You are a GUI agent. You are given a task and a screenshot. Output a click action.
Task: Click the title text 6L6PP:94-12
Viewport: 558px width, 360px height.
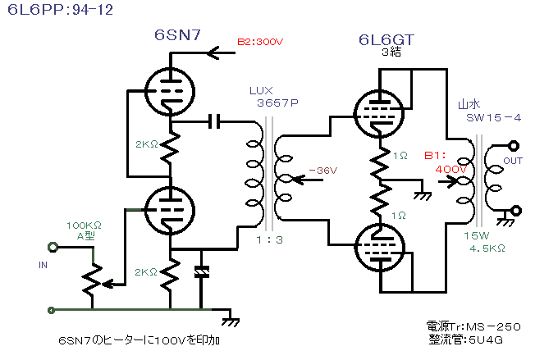click(x=49, y=11)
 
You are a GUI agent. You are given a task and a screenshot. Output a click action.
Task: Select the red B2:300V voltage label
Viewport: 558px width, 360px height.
click(x=261, y=43)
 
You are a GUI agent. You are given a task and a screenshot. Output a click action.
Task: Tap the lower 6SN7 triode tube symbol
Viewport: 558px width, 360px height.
click(x=169, y=209)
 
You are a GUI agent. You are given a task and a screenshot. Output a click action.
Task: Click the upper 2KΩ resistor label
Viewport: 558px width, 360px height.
click(x=147, y=145)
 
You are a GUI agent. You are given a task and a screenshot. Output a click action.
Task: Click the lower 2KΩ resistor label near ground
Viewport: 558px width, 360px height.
click(x=147, y=271)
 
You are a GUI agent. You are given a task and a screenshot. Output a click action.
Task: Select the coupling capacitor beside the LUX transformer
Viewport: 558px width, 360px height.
click(x=216, y=122)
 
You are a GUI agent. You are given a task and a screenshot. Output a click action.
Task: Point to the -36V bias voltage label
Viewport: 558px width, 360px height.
click(x=318, y=171)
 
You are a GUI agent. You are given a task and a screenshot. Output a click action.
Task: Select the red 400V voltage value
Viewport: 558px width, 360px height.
click(x=450, y=168)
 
